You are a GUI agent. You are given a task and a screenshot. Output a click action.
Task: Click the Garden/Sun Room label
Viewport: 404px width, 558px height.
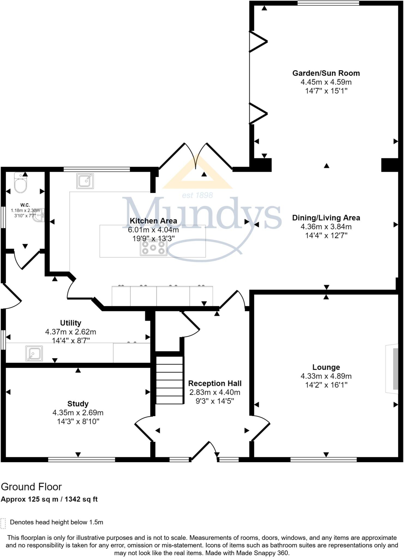[326, 73]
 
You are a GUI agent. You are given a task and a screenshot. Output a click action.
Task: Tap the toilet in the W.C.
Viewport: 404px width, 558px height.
[21, 183]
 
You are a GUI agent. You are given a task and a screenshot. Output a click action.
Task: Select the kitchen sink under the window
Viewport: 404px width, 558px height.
[85, 181]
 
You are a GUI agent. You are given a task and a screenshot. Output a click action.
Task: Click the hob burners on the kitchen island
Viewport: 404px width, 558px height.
[153, 248]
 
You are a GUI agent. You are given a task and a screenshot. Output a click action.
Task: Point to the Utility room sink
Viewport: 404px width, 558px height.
[34, 353]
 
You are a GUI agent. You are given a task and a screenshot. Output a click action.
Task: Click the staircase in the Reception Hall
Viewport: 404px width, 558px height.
[169, 380]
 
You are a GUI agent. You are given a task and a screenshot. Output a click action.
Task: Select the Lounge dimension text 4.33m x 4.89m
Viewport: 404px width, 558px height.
[326, 376]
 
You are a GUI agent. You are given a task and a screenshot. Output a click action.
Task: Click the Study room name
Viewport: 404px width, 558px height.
[78, 404]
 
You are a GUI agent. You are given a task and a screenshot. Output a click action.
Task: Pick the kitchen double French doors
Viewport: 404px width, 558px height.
[196, 158]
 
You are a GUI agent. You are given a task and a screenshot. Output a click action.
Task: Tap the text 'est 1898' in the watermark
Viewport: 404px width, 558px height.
[197, 195]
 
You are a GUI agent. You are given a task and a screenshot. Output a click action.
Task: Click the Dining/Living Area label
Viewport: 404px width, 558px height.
[326, 218]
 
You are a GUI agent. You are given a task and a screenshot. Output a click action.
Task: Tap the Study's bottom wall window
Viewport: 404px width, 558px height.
[82, 460]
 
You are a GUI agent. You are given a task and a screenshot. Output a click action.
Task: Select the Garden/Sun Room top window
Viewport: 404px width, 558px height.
[328, 3]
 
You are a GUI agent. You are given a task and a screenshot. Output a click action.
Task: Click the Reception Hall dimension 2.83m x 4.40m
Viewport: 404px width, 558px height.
[215, 392]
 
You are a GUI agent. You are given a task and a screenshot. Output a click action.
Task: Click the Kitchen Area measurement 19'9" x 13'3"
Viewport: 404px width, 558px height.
[153, 239]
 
